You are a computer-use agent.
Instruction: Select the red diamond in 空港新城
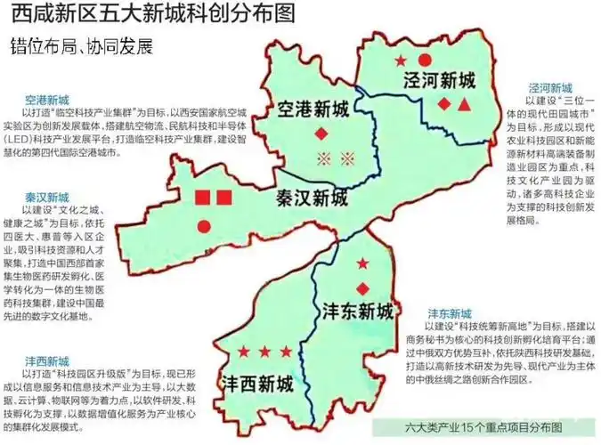pos(321,134)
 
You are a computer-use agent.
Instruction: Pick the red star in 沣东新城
pos(363,264)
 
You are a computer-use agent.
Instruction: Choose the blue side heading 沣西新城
pos(46,361)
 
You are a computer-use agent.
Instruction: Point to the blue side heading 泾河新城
pos(550,88)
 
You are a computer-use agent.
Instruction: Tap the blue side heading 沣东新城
pos(450,314)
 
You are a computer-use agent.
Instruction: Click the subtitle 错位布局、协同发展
pos(83,44)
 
